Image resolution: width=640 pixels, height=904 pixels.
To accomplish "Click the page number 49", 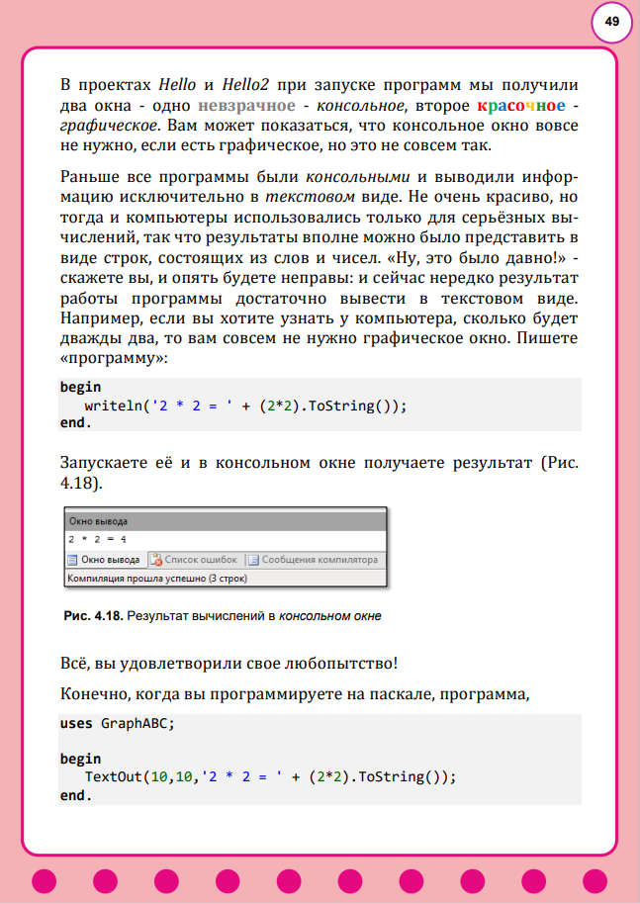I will tap(611, 22).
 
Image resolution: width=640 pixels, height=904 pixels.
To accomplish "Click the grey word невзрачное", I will tap(246, 105).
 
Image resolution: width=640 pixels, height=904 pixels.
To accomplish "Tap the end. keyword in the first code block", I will tap(75, 423).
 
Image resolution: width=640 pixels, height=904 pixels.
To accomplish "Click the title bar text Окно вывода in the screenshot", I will tap(97, 520).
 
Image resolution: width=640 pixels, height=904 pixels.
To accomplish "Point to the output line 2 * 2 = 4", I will tap(98, 540).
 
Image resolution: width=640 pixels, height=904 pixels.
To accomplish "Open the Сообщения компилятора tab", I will tap(320, 560).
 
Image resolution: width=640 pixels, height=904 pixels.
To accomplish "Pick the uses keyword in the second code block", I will tap(76, 723).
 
